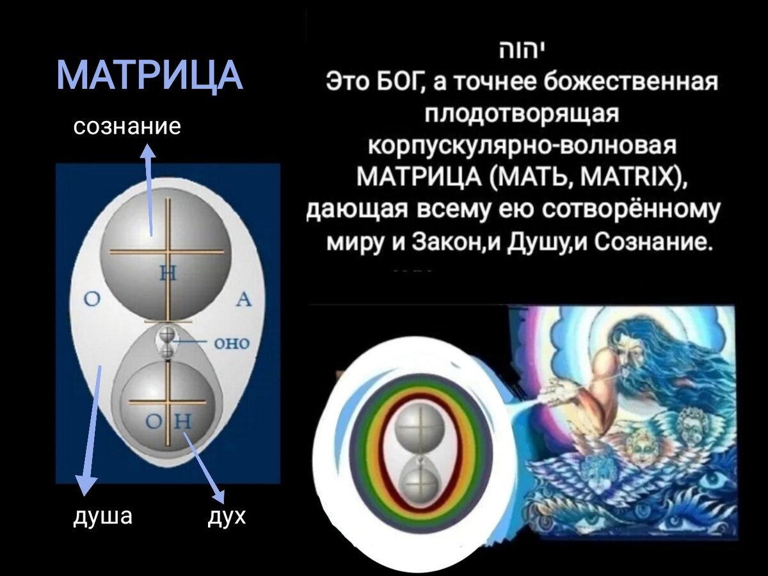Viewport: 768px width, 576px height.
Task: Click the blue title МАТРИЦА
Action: coord(150,76)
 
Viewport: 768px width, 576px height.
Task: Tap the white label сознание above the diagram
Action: coord(127,126)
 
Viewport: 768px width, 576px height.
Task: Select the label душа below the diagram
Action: coord(103,516)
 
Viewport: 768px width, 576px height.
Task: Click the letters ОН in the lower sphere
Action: coord(168,422)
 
